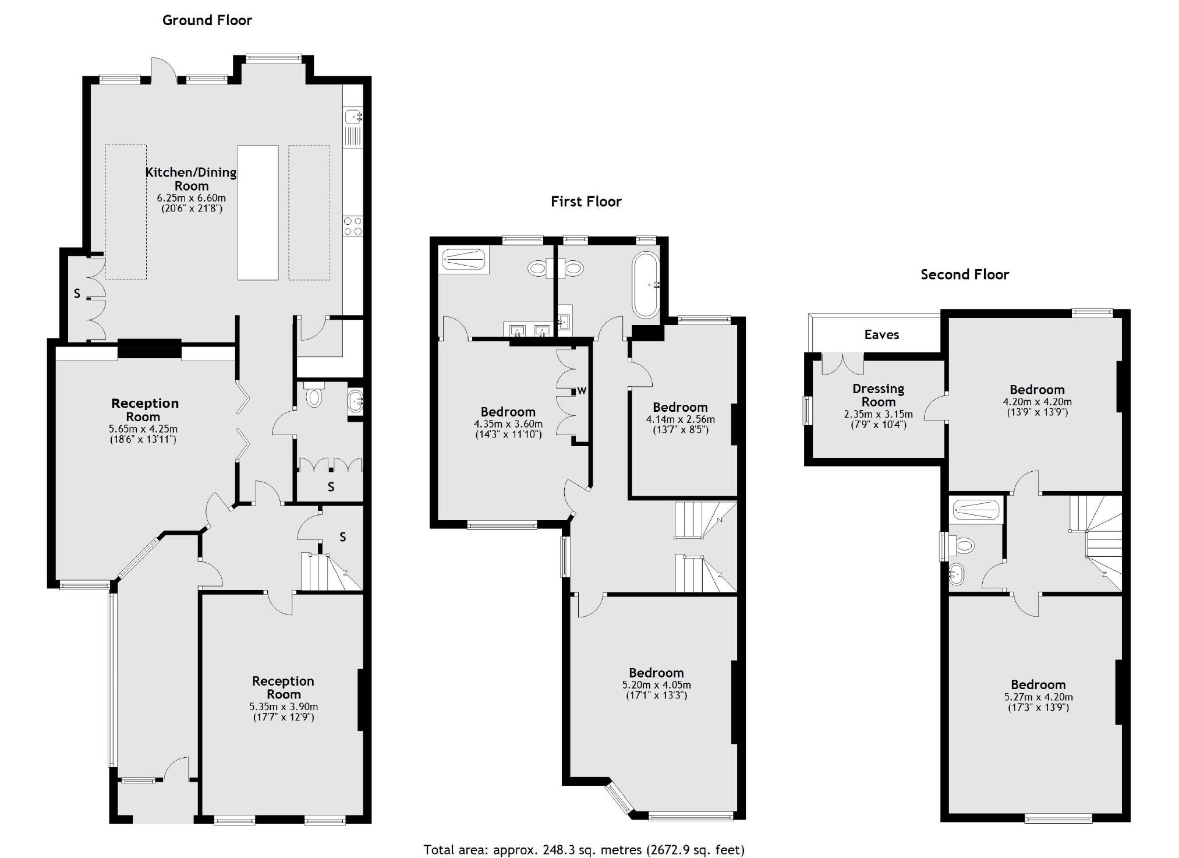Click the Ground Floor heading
(x=207, y=20)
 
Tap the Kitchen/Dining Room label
(x=191, y=179)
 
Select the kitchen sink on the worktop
(x=353, y=118)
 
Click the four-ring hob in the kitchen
(x=353, y=226)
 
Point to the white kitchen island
(x=258, y=213)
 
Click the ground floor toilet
(x=314, y=397)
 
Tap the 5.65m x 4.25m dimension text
(x=143, y=429)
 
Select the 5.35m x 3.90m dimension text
(x=284, y=707)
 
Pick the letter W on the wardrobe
(x=582, y=391)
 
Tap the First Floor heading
(x=586, y=202)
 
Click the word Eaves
(x=881, y=334)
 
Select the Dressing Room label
(x=878, y=395)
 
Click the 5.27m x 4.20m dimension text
(x=1038, y=697)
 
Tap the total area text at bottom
(x=584, y=849)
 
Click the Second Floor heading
(x=964, y=274)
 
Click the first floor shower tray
(x=463, y=259)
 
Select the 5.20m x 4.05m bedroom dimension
(x=656, y=684)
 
